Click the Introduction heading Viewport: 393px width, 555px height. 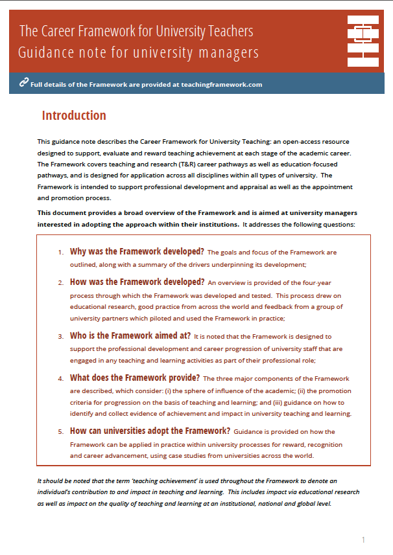click(x=74, y=116)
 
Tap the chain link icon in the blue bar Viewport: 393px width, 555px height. click(x=24, y=82)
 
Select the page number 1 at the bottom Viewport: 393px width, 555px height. click(x=363, y=539)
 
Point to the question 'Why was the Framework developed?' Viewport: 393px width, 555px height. click(x=137, y=251)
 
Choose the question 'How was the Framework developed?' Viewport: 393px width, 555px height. click(x=137, y=282)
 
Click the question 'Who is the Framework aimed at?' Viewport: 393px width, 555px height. click(x=130, y=335)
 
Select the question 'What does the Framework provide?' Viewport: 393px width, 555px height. click(x=135, y=378)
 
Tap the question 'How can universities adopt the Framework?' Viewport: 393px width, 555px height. click(x=150, y=431)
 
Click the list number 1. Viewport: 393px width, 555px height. click(x=60, y=253)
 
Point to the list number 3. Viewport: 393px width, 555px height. click(x=60, y=337)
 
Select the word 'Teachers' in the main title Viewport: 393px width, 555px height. click(x=228, y=30)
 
